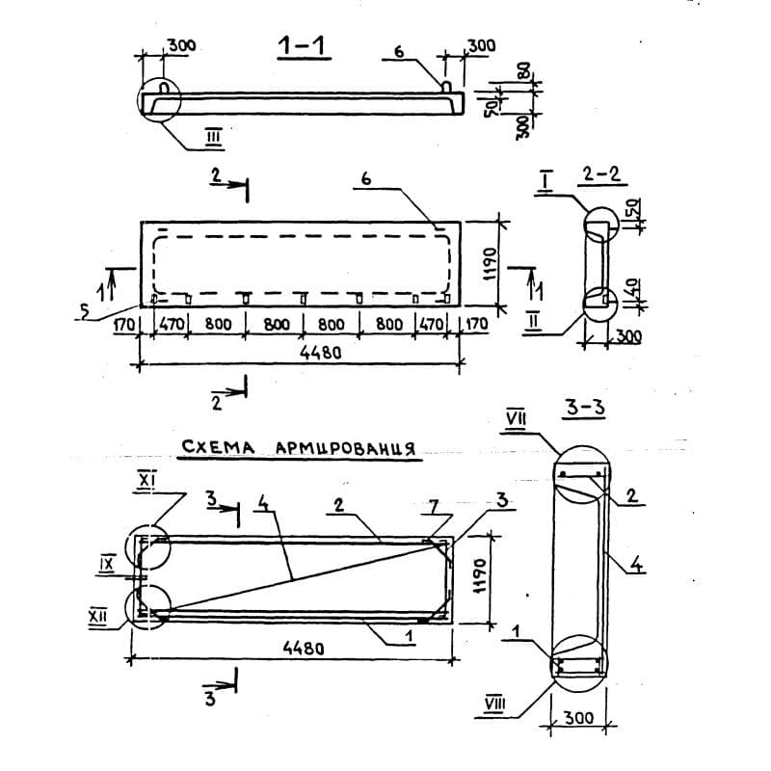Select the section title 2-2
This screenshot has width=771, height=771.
tap(600, 174)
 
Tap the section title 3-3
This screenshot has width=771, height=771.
tap(585, 408)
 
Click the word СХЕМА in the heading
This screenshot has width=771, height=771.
tap(219, 447)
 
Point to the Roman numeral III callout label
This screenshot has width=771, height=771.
tap(214, 137)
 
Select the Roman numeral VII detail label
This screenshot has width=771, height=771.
tap(517, 420)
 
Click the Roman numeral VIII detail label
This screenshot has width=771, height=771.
tap(494, 705)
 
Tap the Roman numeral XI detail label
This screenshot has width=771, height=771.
tap(146, 480)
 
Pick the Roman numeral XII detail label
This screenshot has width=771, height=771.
tap(98, 616)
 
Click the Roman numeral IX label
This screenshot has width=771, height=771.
tap(107, 564)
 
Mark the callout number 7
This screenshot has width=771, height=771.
tap(433, 508)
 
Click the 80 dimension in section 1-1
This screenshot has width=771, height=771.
tap(524, 72)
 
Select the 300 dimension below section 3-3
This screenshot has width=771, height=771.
tap(578, 718)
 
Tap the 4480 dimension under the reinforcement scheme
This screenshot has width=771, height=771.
tap(304, 649)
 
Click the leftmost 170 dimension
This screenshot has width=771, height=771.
tap(124, 324)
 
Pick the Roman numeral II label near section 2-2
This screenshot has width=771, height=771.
tap(534, 323)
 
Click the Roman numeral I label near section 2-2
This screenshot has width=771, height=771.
tap(545, 181)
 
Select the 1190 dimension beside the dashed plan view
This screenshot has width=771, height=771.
tap(490, 263)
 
